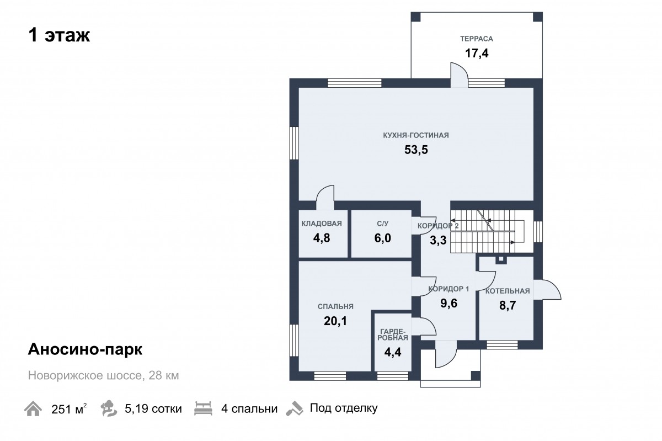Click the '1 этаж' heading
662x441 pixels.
[59, 35]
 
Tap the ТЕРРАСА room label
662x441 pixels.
[477, 39]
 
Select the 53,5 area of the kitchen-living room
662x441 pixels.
[416, 150]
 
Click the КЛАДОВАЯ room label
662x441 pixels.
[322, 224]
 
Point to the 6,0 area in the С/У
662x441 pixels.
[382, 238]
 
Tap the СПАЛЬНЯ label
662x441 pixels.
[335, 306]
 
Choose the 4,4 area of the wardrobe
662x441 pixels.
[392, 352]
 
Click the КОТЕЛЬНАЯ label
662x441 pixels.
[508, 291]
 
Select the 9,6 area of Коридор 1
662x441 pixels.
[449, 303]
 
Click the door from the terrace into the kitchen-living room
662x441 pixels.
[459, 75]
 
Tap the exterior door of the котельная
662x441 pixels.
[547, 289]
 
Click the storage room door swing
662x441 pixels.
[325, 198]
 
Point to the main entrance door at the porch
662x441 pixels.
[446, 354]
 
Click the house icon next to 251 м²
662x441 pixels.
[33, 408]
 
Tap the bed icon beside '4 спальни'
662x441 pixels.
[204, 408]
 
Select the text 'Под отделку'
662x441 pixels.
[344, 408]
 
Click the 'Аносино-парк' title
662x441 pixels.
[85, 349]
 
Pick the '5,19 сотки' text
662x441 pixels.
[153, 409]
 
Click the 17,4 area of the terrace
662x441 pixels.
[477, 53]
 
